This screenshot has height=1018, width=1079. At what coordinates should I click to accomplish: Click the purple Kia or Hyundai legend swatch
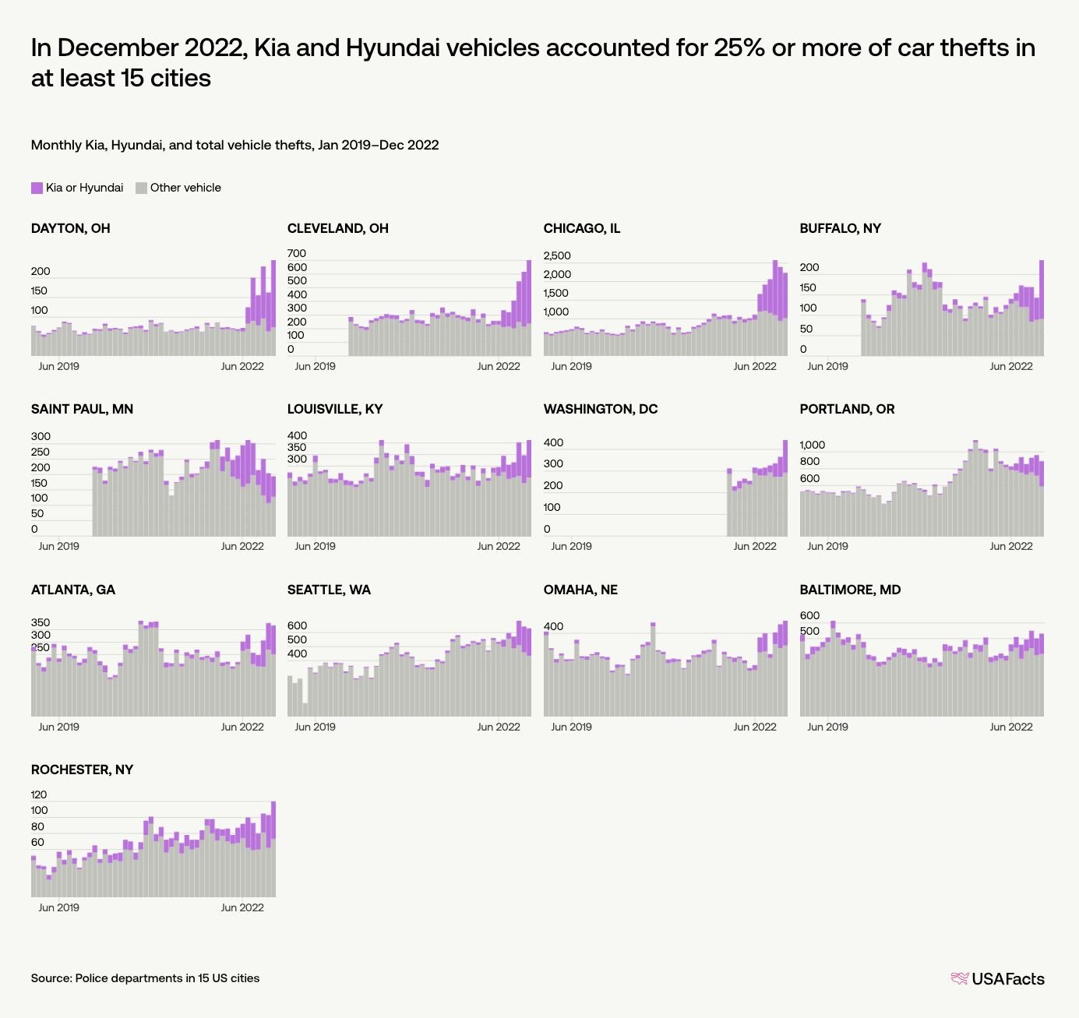point(37,188)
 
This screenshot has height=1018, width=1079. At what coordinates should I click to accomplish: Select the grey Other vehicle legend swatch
point(141,188)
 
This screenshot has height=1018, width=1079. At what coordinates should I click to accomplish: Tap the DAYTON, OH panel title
point(71,228)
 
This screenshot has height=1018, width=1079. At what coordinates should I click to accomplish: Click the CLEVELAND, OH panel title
point(338,228)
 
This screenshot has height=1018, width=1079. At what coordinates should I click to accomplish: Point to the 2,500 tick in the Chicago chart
point(557,255)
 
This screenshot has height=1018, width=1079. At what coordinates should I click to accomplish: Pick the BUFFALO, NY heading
point(840,228)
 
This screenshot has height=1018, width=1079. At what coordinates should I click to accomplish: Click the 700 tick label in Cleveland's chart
point(297,253)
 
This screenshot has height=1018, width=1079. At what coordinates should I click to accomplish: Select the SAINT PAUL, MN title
point(82,409)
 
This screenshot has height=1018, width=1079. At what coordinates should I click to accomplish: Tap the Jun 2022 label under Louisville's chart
point(498,546)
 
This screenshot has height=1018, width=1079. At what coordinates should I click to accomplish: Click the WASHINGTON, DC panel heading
point(601,409)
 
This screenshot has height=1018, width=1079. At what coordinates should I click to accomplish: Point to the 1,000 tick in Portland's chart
point(813,445)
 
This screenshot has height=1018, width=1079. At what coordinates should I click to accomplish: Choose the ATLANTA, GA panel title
point(73,590)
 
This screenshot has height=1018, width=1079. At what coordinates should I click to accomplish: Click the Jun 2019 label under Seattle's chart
point(315,727)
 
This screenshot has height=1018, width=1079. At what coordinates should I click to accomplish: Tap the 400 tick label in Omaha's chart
point(553,626)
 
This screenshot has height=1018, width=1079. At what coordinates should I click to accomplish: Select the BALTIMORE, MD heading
point(850,590)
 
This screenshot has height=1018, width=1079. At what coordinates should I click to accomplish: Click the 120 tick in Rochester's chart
point(39,794)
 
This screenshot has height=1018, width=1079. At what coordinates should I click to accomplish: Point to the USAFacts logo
point(997,979)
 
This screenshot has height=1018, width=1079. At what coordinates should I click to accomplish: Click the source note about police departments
point(145,978)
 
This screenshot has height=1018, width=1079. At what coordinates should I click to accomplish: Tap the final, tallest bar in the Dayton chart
point(273,308)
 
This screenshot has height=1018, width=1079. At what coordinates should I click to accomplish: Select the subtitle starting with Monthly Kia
point(234,145)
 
